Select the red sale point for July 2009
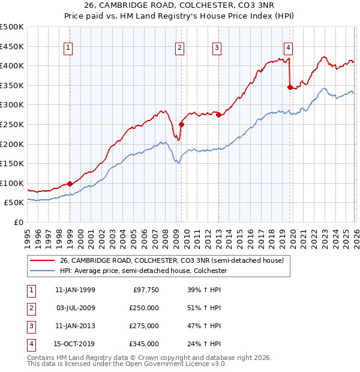tap(181, 125)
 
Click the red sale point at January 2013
tap(218, 115)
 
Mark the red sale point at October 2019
tap(290, 88)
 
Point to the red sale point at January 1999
tap(70, 184)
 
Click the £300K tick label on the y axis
tap(12, 105)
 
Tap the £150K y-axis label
tap(12, 163)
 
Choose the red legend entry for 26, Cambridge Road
tap(172, 260)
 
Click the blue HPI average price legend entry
tap(143, 271)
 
